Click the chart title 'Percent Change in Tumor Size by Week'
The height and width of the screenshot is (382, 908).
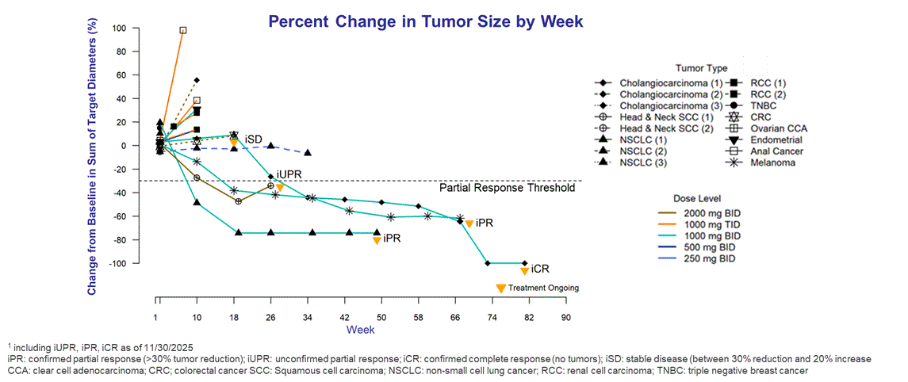(x=426, y=21)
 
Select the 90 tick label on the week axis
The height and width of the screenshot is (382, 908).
(x=565, y=317)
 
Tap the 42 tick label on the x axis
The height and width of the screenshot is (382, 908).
(x=344, y=317)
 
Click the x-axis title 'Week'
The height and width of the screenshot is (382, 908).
(x=354, y=329)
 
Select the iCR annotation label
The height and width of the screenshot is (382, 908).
(x=540, y=269)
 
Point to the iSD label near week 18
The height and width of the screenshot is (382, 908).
(x=254, y=139)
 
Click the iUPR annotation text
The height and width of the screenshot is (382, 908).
(x=290, y=174)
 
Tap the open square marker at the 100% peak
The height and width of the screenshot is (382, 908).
(x=183, y=30)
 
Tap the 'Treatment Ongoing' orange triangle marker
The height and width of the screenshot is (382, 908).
(x=500, y=288)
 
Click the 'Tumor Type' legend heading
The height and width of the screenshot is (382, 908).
(x=701, y=68)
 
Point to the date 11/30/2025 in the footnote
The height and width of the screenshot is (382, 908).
(x=169, y=348)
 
